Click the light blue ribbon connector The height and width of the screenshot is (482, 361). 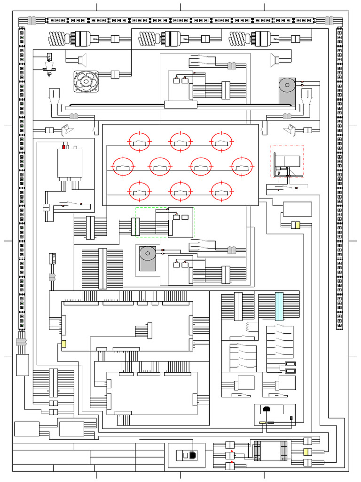tap(279, 306)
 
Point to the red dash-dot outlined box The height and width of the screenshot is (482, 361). tap(287, 161)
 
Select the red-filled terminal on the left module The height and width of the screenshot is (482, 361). tap(64, 147)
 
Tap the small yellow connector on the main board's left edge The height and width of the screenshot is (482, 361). tap(63, 344)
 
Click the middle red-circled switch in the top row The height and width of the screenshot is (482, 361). tap(180, 142)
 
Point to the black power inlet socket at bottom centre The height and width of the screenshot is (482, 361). tap(193, 456)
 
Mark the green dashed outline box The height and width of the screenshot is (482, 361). tap(165, 222)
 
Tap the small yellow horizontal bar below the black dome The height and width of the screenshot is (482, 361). tap(262, 423)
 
